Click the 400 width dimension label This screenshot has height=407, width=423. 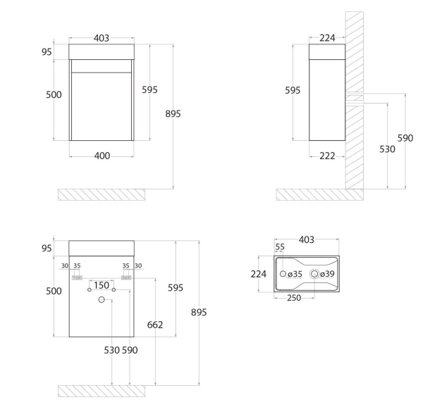tap(102, 156)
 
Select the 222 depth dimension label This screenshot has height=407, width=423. tap(326, 156)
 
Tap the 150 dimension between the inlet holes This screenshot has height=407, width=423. tap(102, 285)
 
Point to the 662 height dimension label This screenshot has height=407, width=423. tap(154, 325)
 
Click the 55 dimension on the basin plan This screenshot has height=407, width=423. tap(279, 247)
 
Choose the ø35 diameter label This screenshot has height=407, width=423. tap(295, 273)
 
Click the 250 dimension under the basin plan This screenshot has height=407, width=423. tap(295, 298)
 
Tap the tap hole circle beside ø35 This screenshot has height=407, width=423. tap(283, 273)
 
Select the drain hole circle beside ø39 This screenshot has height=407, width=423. tap(314, 273)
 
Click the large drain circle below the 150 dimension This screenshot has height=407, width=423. tap(102, 300)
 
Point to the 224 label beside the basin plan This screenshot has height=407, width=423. tap(259, 273)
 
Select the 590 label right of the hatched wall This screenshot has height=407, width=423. tap(405, 138)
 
